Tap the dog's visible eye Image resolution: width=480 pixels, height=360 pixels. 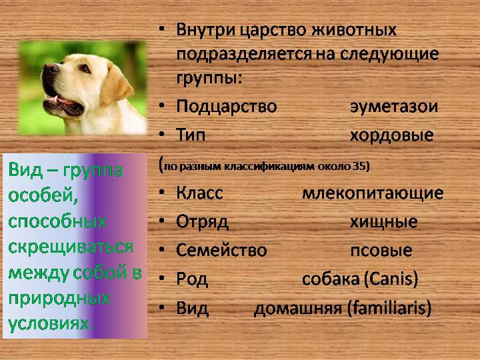click(x=84, y=67)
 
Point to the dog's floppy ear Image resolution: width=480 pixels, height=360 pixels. click(x=117, y=85)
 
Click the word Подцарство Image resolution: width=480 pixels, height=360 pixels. click(x=227, y=107)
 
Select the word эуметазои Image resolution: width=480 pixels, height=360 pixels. click(x=394, y=107)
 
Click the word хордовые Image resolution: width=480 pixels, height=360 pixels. click(x=392, y=135)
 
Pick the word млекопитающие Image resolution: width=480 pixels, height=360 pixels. click(x=373, y=193)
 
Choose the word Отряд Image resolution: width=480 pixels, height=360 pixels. click(x=202, y=222)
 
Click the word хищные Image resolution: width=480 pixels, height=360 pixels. click(x=383, y=222)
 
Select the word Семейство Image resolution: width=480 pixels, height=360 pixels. click(x=221, y=250)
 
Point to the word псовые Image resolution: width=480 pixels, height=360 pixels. click(x=381, y=251)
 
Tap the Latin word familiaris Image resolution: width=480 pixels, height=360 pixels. click(x=389, y=307)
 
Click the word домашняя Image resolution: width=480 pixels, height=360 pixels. click(x=297, y=308)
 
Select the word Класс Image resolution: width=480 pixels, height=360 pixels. click(x=199, y=193)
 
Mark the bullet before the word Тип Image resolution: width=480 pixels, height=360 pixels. click(x=162, y=135)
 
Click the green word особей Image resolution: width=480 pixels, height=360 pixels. click(x=43, y=195)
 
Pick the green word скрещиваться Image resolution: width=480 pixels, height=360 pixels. click(x=71, y=247)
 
